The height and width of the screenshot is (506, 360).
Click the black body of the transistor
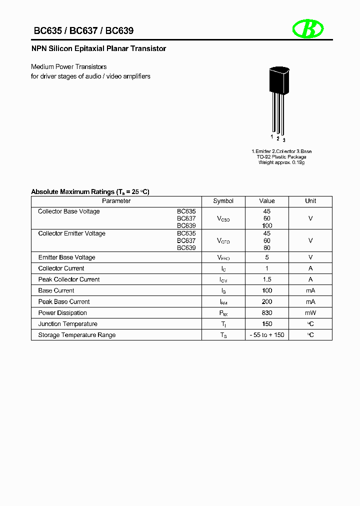279,80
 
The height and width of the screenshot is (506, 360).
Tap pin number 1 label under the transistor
272,136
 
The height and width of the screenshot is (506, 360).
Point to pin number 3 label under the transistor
284,140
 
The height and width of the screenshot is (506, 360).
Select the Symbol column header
223,201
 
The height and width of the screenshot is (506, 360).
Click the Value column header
267,201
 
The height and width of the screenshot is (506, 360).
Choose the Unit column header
310,201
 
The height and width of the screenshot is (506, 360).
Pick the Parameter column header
116,201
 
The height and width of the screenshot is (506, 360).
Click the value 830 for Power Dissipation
267,313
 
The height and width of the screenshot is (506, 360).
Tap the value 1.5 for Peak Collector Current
267,279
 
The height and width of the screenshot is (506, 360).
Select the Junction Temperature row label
68,324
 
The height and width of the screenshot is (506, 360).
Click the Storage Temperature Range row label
76,335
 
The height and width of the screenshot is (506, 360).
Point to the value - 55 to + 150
267,335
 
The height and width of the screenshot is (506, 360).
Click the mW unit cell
310,313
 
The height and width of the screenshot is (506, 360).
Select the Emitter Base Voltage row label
66,257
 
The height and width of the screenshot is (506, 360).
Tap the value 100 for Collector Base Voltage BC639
267,225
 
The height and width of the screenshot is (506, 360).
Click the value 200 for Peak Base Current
267,302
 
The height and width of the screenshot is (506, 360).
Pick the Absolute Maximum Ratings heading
90,191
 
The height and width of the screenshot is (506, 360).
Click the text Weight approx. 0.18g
281,163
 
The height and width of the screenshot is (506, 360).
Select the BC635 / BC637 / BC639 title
83,31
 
